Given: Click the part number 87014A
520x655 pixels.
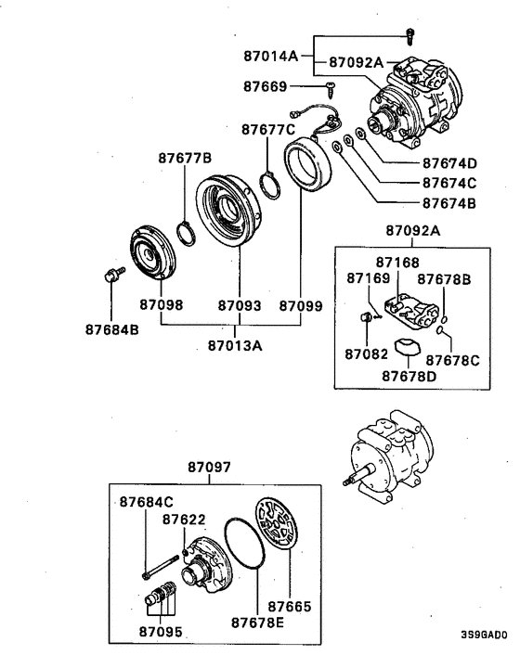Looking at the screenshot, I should pos(270,57).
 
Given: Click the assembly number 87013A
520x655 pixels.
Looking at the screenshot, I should pos(235,346).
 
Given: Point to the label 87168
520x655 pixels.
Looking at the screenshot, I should pos(397,263).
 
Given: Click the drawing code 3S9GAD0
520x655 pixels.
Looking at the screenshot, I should pos(484,636).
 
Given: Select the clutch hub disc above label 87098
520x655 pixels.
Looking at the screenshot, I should pos(150,251).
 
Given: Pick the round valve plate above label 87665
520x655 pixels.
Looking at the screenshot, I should pos(278,528).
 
